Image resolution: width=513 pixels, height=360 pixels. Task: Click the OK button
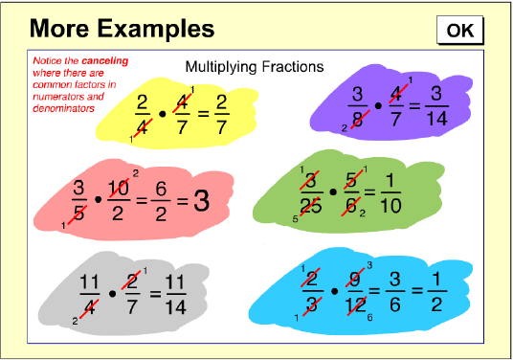coord(460,30)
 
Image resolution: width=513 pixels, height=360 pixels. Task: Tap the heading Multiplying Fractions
coord(254,67)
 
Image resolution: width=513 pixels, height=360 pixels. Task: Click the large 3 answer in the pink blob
coord(201,201)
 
